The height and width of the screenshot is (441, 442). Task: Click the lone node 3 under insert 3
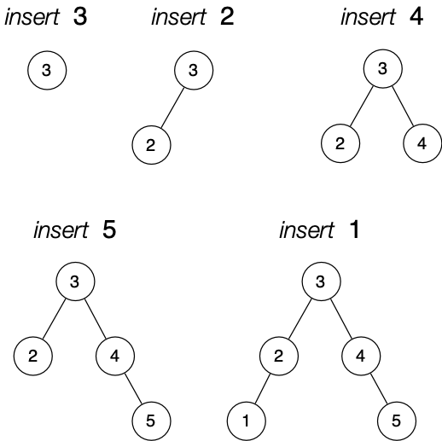click(x=47, y=71)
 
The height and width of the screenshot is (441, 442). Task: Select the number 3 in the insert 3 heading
click(x=81, y=18)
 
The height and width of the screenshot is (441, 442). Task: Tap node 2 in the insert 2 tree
click(x=151, y=144)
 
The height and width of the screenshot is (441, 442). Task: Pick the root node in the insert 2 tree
click(x=194, y=71)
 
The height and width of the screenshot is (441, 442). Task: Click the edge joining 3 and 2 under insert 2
click(x=172, y=107)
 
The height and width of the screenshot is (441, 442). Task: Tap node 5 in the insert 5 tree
click(x=151, y=421)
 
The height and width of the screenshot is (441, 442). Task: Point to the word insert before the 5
click(x=61, y=229)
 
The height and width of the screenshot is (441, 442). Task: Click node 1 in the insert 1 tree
click(x=247, y=421)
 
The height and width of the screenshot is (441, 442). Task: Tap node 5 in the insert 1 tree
click(x=397, y=421)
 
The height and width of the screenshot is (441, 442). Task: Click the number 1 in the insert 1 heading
click(x=354, y=229)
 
